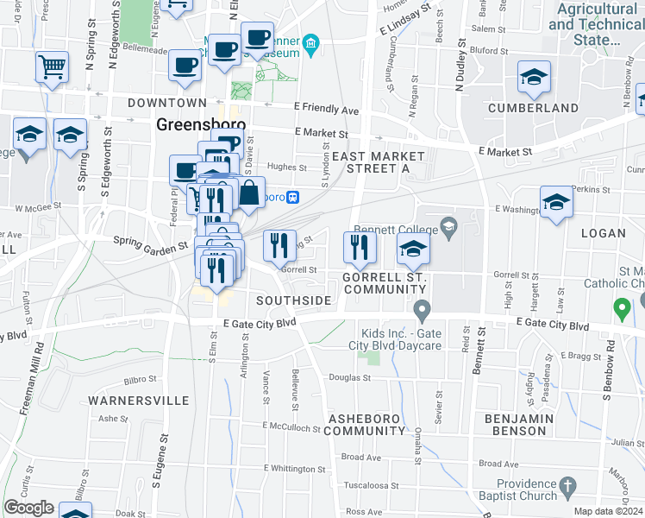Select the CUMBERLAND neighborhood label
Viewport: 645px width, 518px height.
pos(533,108)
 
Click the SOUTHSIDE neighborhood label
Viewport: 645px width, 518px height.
pos(293,300)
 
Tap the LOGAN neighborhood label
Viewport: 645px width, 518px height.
pos(604,232)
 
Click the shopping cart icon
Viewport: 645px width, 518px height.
pos(52,66)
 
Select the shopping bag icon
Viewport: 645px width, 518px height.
pos(249,193)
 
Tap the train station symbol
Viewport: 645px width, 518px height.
pos(292,197)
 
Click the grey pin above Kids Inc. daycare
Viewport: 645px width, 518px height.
pos(421,309)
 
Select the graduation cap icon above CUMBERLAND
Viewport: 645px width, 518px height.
pos(534,78)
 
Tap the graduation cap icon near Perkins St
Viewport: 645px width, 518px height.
pos(556,203)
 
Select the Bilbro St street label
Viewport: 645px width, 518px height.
pos(140,378)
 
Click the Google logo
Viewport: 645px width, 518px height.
pos(28,508)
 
